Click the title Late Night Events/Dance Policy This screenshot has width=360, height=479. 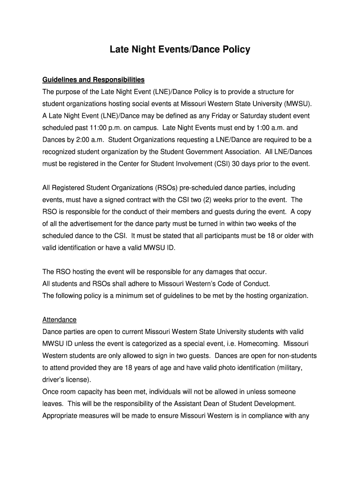click(180, 49)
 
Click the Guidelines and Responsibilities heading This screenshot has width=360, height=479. click(94, 79)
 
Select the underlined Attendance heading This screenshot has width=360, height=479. click(59, 320)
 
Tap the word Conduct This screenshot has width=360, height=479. click(256, 283)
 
